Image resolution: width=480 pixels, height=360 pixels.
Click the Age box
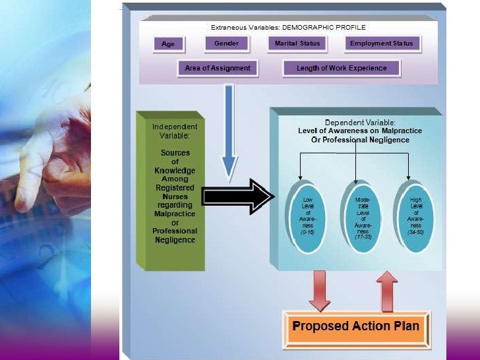tap(169, 44)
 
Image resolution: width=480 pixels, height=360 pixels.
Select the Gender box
tap(226, 44)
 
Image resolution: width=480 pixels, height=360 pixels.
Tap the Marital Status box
tap(297, 44)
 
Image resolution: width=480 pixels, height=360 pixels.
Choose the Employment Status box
tap(381, 44)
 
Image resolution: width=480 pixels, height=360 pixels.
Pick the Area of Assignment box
tap(218, 68)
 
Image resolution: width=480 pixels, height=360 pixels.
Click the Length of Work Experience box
tap(342, 68)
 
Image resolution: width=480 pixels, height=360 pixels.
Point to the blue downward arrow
tap(229, 132)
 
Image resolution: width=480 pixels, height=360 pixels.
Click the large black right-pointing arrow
tap(237, 196)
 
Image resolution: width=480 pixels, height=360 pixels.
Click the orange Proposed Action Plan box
tap(355, 326)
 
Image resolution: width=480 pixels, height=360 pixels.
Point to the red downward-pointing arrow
tap(320, 290)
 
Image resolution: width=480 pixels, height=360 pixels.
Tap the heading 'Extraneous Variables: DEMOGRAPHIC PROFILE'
tap(288, 28)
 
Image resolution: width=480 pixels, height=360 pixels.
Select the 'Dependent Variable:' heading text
tap(360, 123)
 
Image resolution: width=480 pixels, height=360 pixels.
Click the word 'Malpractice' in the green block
tap(174, 214)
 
